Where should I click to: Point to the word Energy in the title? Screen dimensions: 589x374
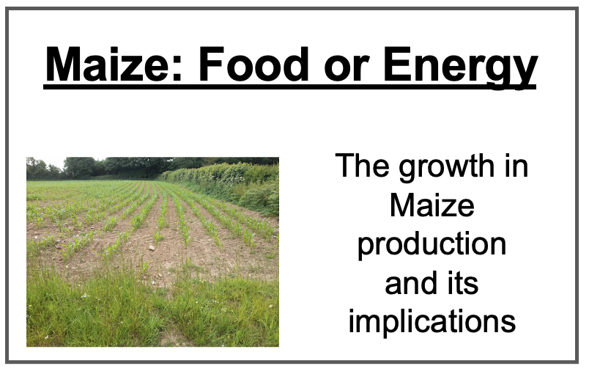tap(461, 67)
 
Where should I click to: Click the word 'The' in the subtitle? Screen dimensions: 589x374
tap(363, 165)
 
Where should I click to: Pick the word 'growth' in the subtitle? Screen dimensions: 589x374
tap(447, 167)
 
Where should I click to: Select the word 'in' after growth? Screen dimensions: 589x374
tap(516, 165)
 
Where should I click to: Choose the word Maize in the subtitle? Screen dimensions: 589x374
tap(432, 205)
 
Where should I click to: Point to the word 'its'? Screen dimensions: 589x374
tap(463, 283)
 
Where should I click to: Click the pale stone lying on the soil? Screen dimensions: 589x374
tap(152, 248)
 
